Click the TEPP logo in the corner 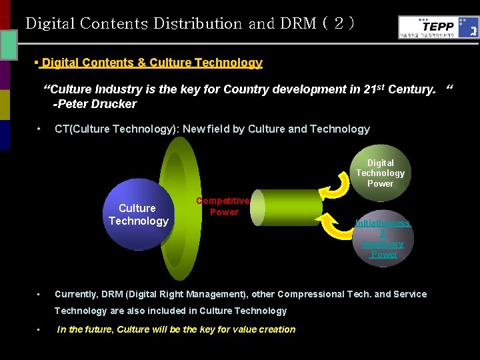click(438, 27)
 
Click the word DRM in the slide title click(299, 23)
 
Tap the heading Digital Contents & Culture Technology click(151, 63)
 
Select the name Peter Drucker click(97, 103)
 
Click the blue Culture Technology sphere click(138, 214)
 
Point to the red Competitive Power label click(223, 206)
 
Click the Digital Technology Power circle click(380, 173)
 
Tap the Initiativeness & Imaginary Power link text click(383, 239)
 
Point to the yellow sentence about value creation click(176, 329)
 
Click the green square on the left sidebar click(9, 45)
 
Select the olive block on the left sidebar click(5, 105)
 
